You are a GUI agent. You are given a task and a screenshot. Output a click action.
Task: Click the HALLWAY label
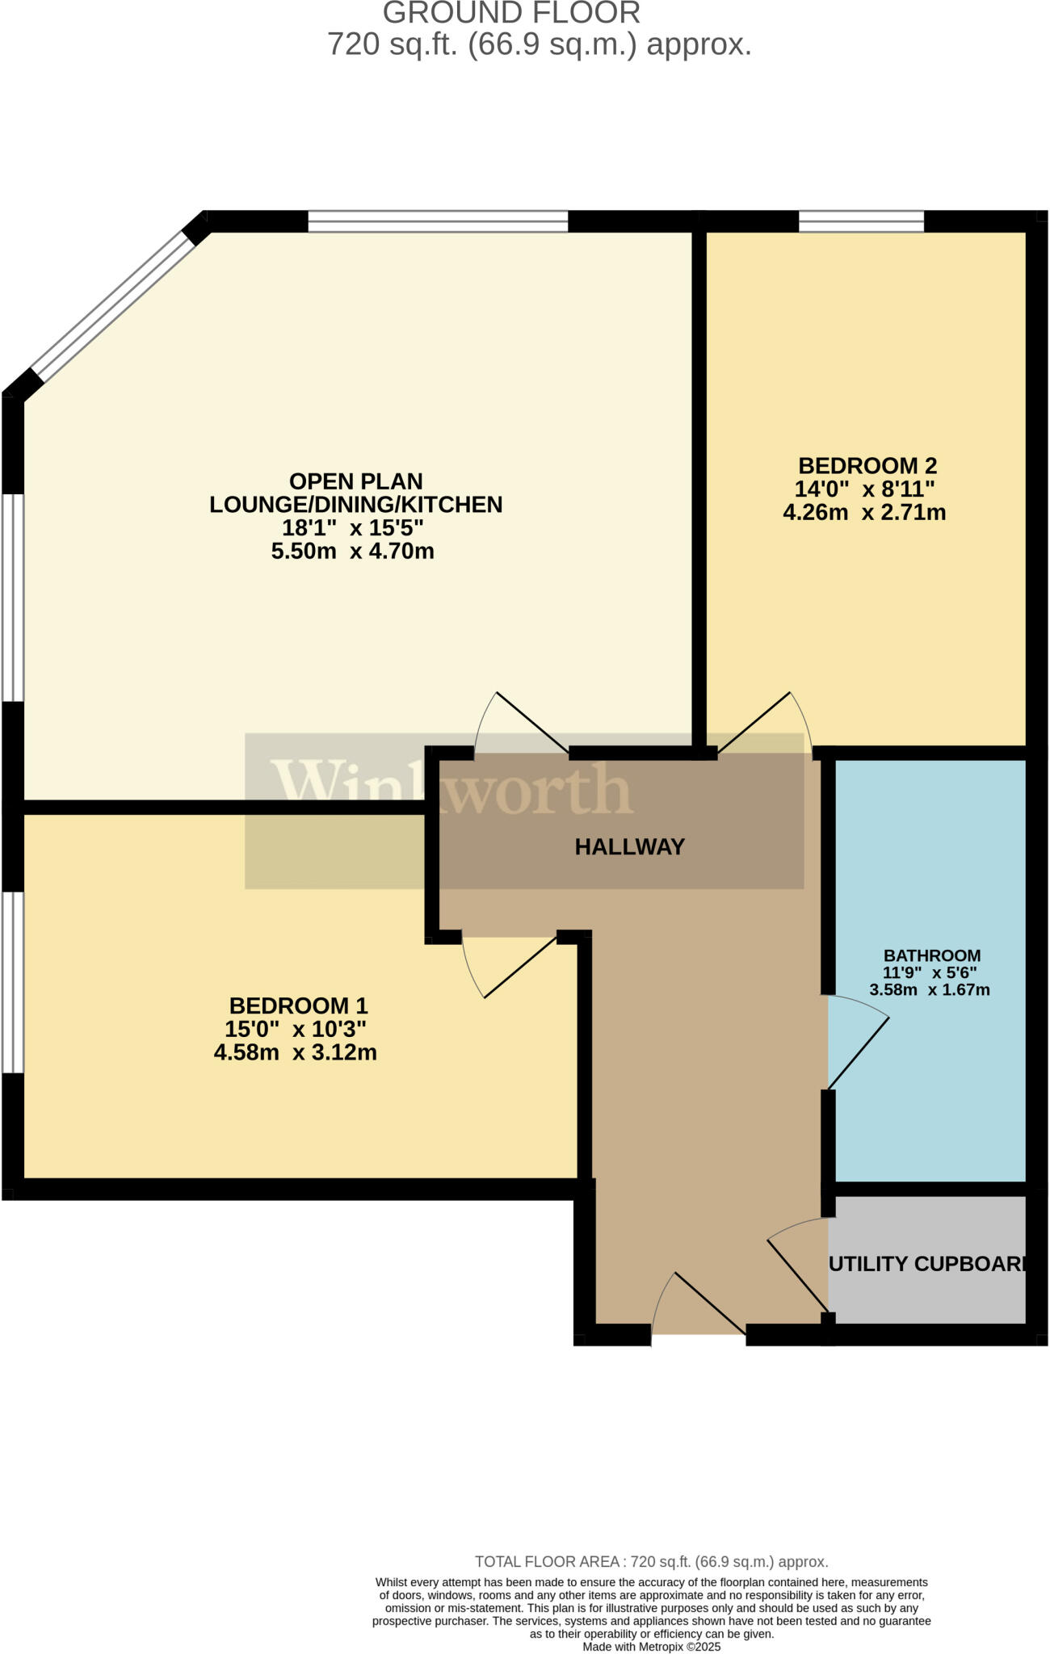click(629, 846)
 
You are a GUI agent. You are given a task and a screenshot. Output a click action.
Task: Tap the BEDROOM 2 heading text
click(867, 466)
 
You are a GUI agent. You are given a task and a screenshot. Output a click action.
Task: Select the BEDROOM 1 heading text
click(298, 1005)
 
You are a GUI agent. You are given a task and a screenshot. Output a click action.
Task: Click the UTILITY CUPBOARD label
click(927, 1264)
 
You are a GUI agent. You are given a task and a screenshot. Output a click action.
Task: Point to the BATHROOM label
click(931, 955)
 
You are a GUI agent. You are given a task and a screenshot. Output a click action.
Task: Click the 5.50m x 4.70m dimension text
click(352, 552)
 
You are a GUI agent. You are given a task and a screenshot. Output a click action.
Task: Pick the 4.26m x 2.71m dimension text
click(864, 512)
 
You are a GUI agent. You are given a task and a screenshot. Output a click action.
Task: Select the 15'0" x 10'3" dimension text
click(296, 1029)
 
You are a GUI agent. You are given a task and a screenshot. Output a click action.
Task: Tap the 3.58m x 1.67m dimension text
click(929, 989)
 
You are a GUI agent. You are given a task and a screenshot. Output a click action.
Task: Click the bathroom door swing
click(858, 1046)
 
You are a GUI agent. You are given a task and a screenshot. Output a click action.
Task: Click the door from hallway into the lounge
click(525, 723)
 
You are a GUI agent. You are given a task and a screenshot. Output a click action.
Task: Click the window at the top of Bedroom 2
click(861, 220)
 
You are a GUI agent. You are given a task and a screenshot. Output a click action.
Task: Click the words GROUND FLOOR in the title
click(511, 13)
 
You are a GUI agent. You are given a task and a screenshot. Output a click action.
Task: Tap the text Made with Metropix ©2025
click(651, 1646)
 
